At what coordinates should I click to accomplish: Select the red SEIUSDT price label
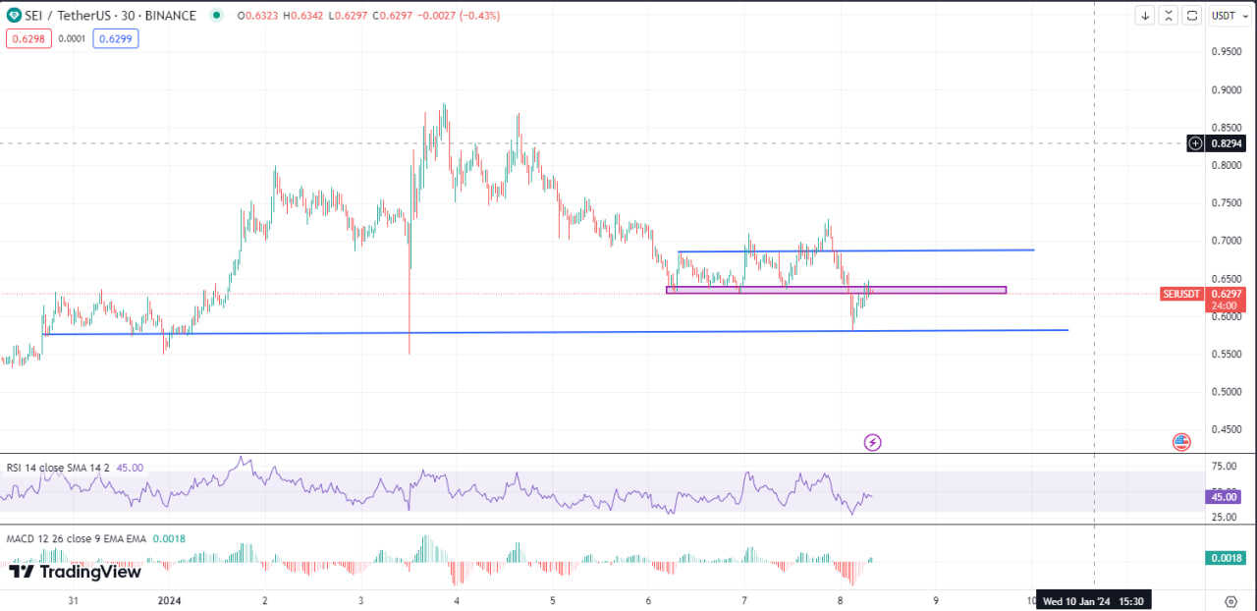[x=1182, y=294]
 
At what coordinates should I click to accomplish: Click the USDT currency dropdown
[x=1224, y=16]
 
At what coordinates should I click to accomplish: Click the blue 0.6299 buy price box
[x=116, y=38]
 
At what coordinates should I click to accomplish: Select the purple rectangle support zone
[x=836, y=290]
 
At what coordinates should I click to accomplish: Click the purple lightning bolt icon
[x=872, y=442]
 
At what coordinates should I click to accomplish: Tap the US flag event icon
[x=1181, y=442]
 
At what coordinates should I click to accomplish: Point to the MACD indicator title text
[x=77, y=538]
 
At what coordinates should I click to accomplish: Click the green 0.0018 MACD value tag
[x=1225, y=558]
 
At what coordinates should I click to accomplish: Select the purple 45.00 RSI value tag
[x=1225, y=497]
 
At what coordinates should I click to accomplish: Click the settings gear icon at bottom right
[x=1230, y=600]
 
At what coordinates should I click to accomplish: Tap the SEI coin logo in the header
[x=14, y=16]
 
